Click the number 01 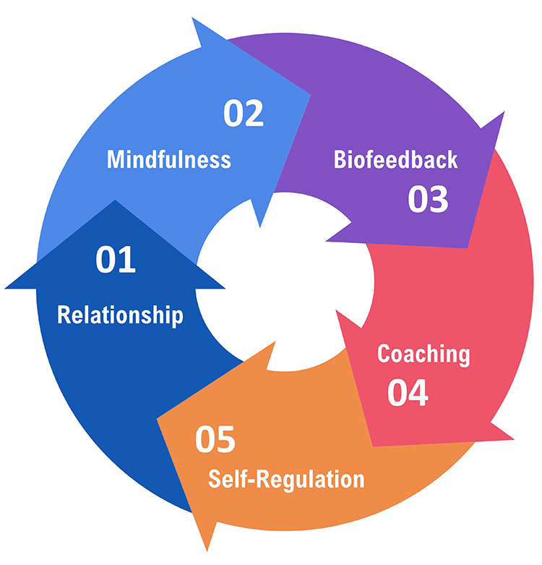(x=116, y=261)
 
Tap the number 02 (x=244, y=114)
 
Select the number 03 (x=428, y=200)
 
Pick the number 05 (x=215, y=440)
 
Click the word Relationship (x=120, y=315)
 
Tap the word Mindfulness (x=169, y=159)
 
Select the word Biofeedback (x=395, y=159)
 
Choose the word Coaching (x=423, y=354)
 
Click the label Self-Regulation (x=286, y=479)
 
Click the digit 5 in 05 (x=225, y=440)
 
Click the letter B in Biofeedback (x=340, y=159)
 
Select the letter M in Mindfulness (x=115, y=159)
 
